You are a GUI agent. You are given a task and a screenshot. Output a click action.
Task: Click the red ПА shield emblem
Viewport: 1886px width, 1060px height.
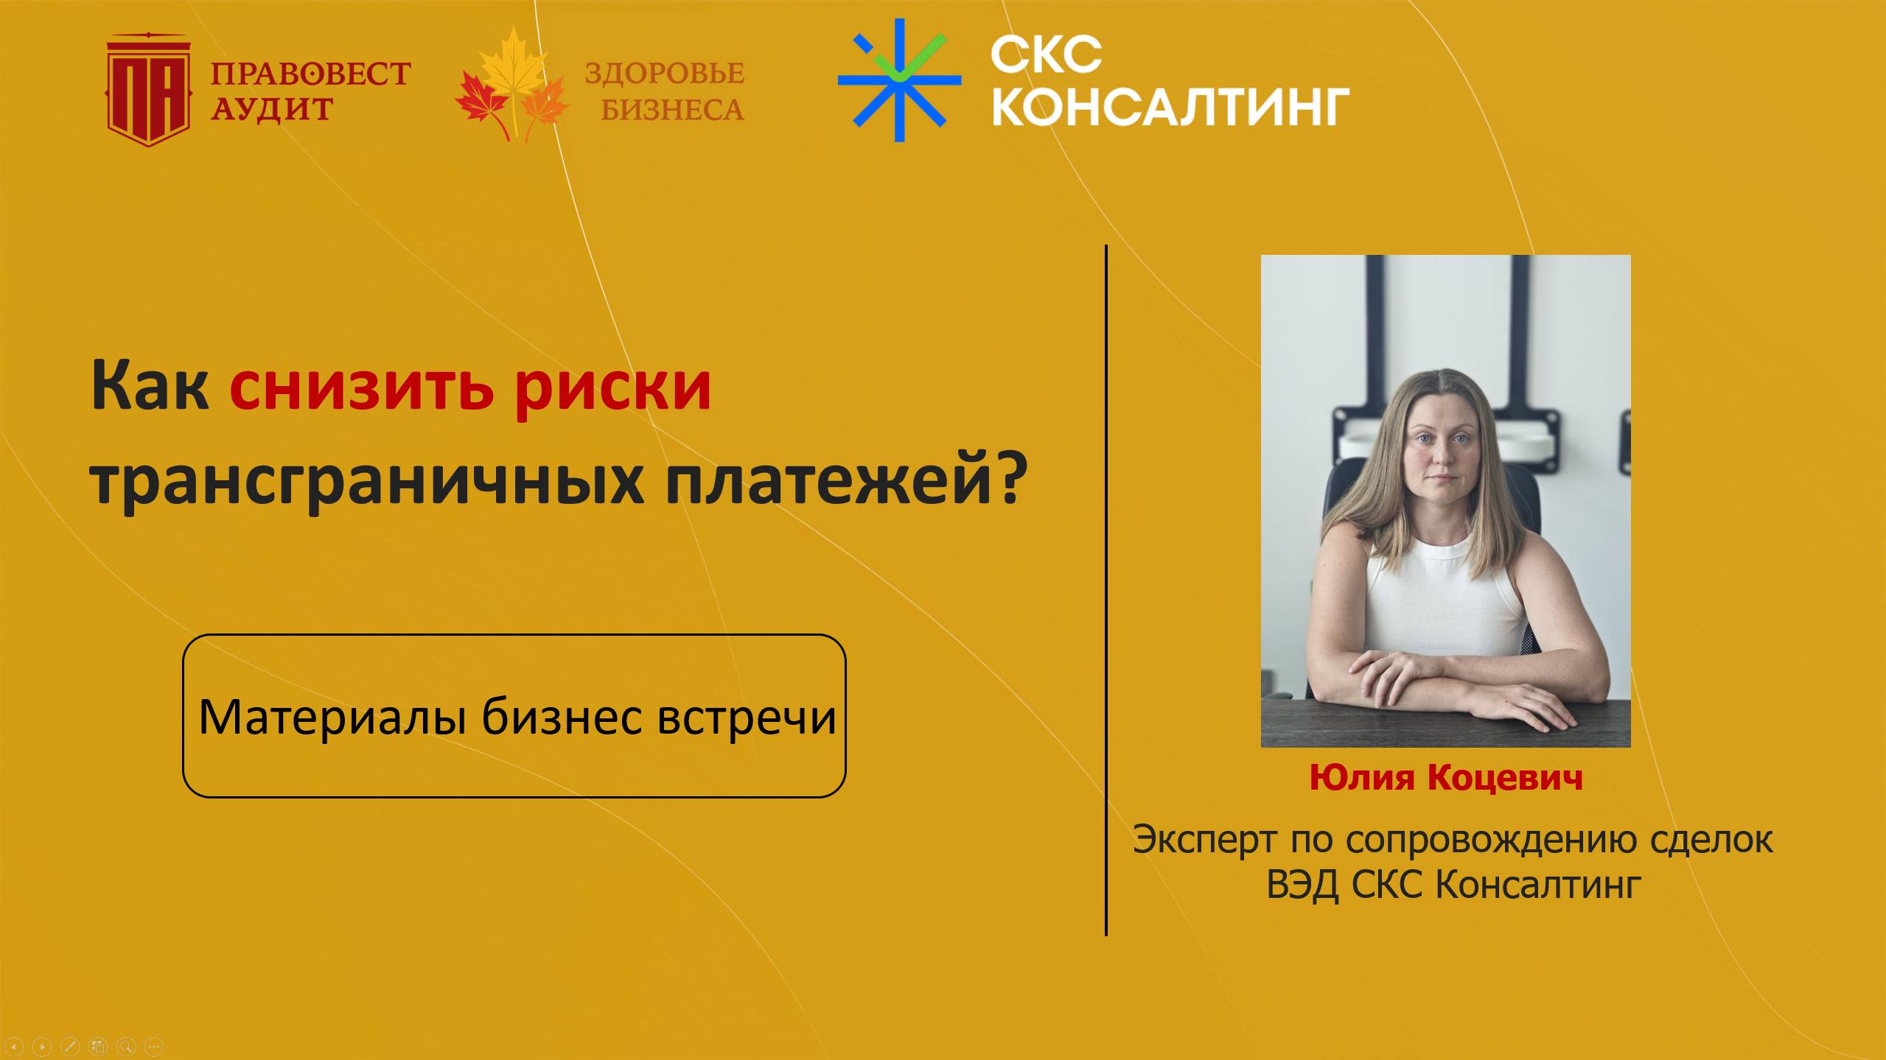[x=149, y=91]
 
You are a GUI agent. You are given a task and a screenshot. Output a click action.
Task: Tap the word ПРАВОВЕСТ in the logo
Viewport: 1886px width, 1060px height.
[x=310, y=74]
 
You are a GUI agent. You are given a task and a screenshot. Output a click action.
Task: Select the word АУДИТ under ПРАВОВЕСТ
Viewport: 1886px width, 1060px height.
[x=272, y=110]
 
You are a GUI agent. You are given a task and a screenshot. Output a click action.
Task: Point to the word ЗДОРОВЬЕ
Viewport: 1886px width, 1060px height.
[x=664, y=74]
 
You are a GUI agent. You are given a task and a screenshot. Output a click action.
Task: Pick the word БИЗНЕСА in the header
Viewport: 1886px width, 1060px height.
[x=672, y=110]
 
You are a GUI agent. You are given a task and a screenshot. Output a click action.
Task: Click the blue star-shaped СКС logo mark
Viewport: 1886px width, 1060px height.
[x=899, y=80]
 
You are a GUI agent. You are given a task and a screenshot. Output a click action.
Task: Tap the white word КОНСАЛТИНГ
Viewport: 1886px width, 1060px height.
[x=1170, y=108]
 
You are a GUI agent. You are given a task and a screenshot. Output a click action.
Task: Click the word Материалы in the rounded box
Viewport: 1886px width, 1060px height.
[x=332, y=717]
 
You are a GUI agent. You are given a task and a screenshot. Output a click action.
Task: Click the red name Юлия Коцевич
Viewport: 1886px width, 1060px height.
[x=1445, y=778]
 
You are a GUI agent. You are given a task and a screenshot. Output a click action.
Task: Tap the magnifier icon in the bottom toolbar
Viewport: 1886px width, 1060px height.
[x=126, y=1046]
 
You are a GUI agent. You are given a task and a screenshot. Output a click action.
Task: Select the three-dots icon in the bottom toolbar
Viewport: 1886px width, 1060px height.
[x=153, y=1046]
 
